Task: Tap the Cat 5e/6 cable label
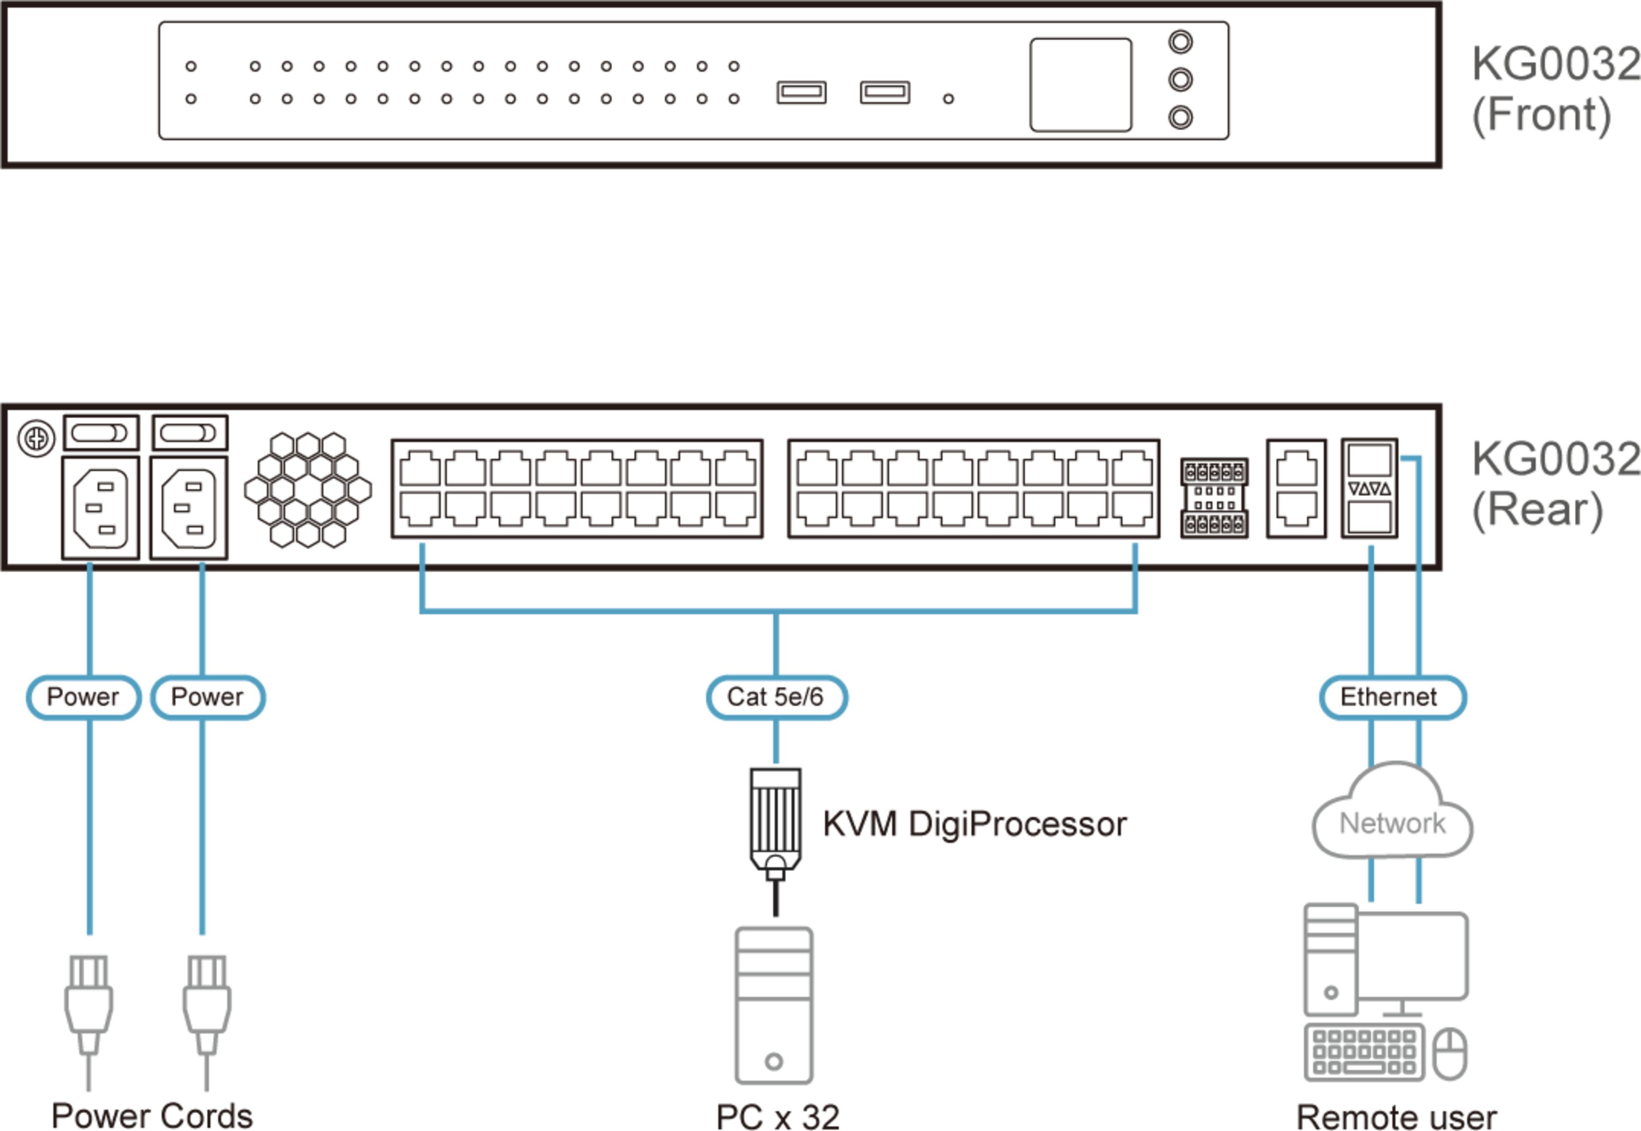coord(776,697)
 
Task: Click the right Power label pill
coord(208,697)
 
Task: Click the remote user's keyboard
coord(1364,1052)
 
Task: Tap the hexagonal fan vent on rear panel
coord(308,489)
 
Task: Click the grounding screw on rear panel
coord(36,439)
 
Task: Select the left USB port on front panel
coord(801,92)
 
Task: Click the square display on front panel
coord(1080,85)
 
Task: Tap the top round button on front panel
coord(1180,42)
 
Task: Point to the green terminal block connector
coord(1214,498)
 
